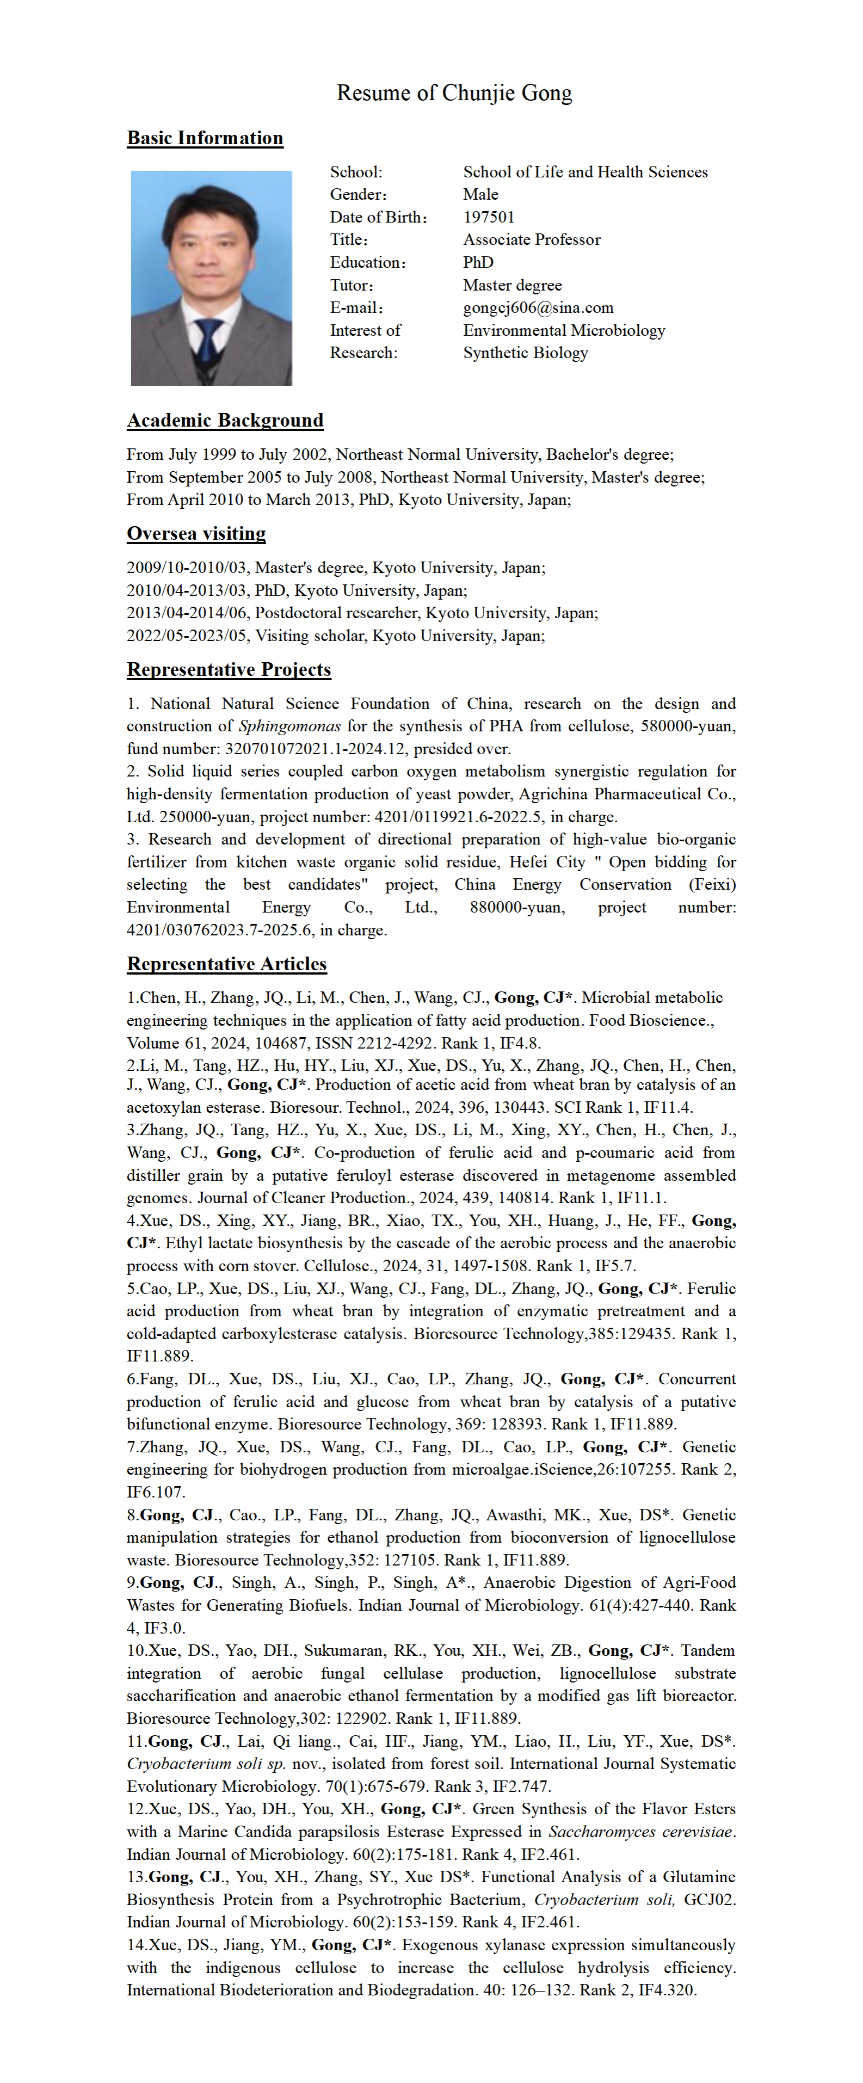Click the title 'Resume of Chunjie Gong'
point(454,93)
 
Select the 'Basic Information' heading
point(205,138)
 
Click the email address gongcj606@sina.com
point(538,308)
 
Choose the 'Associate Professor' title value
point(532,240)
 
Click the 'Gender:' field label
point(358,195)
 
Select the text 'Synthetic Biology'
point(525,353)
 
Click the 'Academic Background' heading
point(225,421)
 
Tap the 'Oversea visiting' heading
point(196,534)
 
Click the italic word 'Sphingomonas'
point(289,726)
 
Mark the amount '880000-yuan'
point(517,907)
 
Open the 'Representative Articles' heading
point(226,964)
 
